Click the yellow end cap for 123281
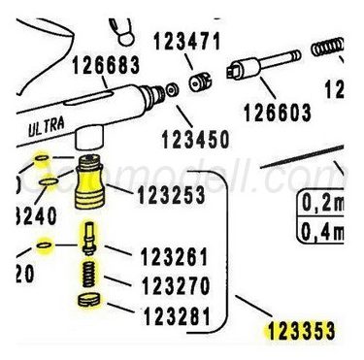[87, 304]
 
